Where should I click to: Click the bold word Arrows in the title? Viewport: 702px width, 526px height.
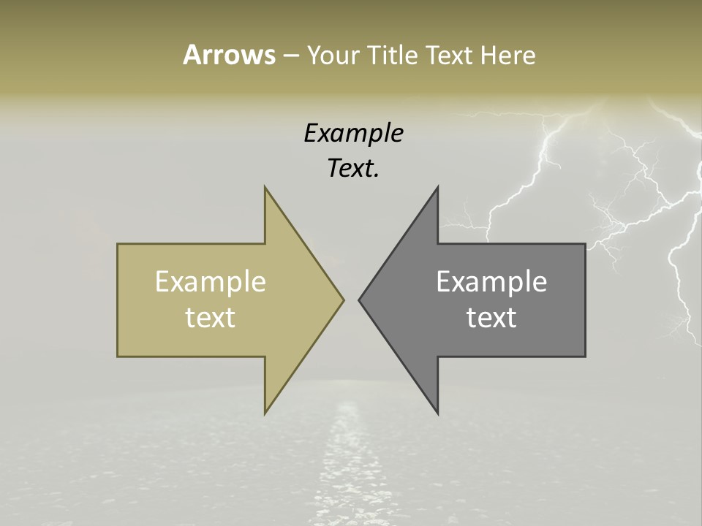(228, 56)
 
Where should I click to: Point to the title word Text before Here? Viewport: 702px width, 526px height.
(450, 56)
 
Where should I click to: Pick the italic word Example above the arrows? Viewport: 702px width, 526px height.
(353, 134)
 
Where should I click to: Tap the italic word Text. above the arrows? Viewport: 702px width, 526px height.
(353, 169)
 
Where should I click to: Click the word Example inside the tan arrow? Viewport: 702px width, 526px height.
(211, 281)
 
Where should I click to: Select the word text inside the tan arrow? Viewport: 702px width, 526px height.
(211, 318)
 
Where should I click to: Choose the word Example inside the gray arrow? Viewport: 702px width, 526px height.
(491, 281)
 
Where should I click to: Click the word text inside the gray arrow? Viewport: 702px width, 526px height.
(491, 318)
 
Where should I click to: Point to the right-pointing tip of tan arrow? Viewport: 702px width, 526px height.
(343, 300)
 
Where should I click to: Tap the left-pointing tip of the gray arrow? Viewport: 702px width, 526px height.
(359, 300)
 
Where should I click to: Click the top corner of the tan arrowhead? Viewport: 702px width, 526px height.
(265, 187)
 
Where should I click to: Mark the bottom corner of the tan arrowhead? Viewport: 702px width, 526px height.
(265, 413)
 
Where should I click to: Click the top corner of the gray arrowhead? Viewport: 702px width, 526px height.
(437, 187)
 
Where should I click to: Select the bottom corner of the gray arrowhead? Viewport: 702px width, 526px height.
(437, 413)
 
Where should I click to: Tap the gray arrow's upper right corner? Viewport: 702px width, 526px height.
(585, 244)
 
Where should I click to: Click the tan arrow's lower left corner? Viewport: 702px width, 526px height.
(118, 357)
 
